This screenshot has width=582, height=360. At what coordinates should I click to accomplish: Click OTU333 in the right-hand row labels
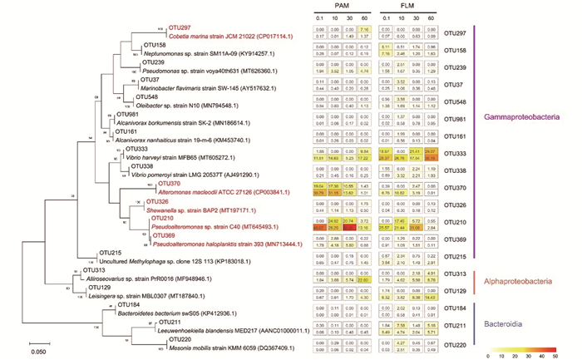(454, 154)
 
